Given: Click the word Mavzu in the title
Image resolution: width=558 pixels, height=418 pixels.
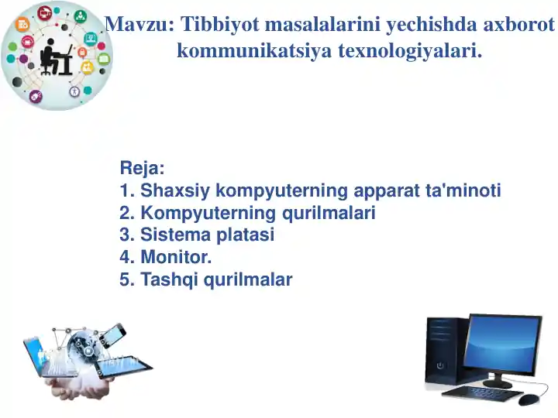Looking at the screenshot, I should pyautogui.click(x=136, y=25).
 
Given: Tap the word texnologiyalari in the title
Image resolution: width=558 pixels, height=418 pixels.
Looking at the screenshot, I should pyautogui.click(x=409, y=51).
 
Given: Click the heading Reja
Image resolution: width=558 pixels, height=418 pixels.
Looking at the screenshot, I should pyautogui.click(x=142, y=168).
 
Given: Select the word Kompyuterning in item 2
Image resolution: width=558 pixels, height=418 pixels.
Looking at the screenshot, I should pyautogui.click(x=196, y=213).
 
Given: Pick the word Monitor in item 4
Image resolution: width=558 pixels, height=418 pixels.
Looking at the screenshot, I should pyautogui.click(x=175, y=258).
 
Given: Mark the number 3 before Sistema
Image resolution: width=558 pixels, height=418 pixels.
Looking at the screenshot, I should pyautogui.click(x=125, y=235).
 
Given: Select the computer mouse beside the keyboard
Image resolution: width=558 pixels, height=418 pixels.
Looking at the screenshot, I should pyautogui.click(x=528, y=399).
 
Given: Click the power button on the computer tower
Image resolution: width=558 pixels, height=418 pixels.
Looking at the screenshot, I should pyautogui.click(x=440, y=365).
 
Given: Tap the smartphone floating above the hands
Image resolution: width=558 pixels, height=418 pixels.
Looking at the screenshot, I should pyautogui.click(x=113, y=334).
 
